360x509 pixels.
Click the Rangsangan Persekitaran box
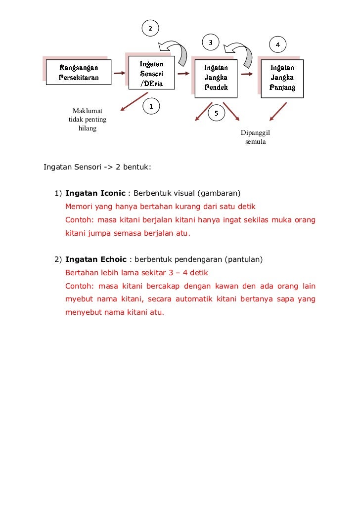click(x=79, y=73)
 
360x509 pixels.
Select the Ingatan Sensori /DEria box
click(x=151, y=74)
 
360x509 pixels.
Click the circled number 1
click(x=151, y=106)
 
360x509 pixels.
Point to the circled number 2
click(x=151, y=29)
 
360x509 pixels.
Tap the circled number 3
click(x=211, y=42)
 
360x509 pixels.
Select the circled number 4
click(x=277, y=45)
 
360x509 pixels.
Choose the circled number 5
click(x=216, y=113)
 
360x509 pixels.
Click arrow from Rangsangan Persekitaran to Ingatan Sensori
click(x=119, y=74)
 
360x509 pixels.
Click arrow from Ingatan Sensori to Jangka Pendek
click(x=183, y=74)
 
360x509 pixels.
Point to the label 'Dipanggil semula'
click(x=255, y=137)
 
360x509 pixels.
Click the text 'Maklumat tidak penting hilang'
click(x=88, y=119)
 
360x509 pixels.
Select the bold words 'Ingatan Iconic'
click(x=95, y=193)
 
